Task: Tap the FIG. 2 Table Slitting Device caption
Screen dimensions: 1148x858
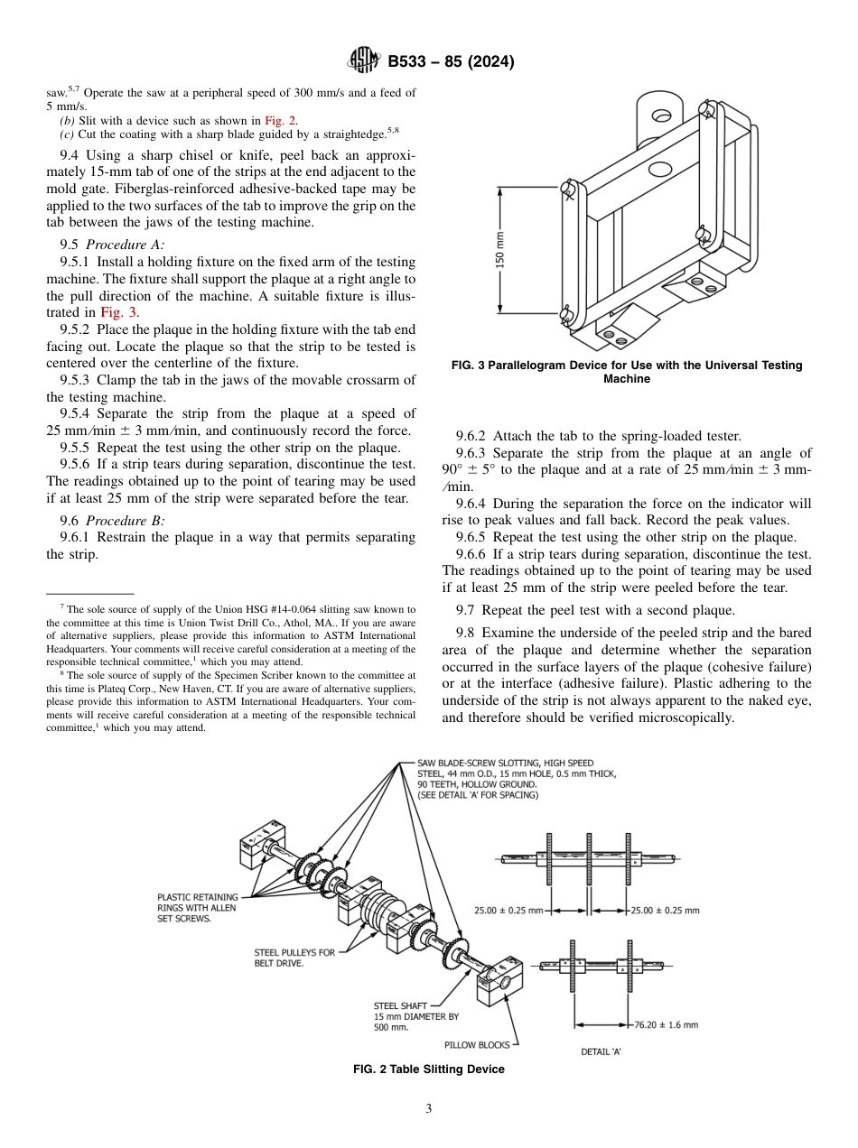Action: pos(428,1069)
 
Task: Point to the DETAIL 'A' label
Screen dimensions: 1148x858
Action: pos(601,1051)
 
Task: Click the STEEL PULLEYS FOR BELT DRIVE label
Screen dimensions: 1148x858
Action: pos(294,958)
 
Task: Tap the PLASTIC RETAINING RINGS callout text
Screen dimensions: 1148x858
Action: pos(196,908)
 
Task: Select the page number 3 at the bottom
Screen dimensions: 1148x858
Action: pos(429,1109)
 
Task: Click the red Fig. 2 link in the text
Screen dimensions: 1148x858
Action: pos(280,120)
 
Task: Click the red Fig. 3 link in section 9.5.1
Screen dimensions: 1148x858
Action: pos(120,312)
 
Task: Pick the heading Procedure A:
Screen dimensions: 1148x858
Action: pos(125,244)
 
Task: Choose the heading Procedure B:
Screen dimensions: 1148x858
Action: pos(125,521)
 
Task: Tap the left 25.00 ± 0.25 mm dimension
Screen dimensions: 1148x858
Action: pos(508,911)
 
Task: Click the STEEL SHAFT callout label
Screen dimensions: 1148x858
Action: pos(400,1005)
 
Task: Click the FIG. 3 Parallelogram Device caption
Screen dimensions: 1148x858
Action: pos(627,372)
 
